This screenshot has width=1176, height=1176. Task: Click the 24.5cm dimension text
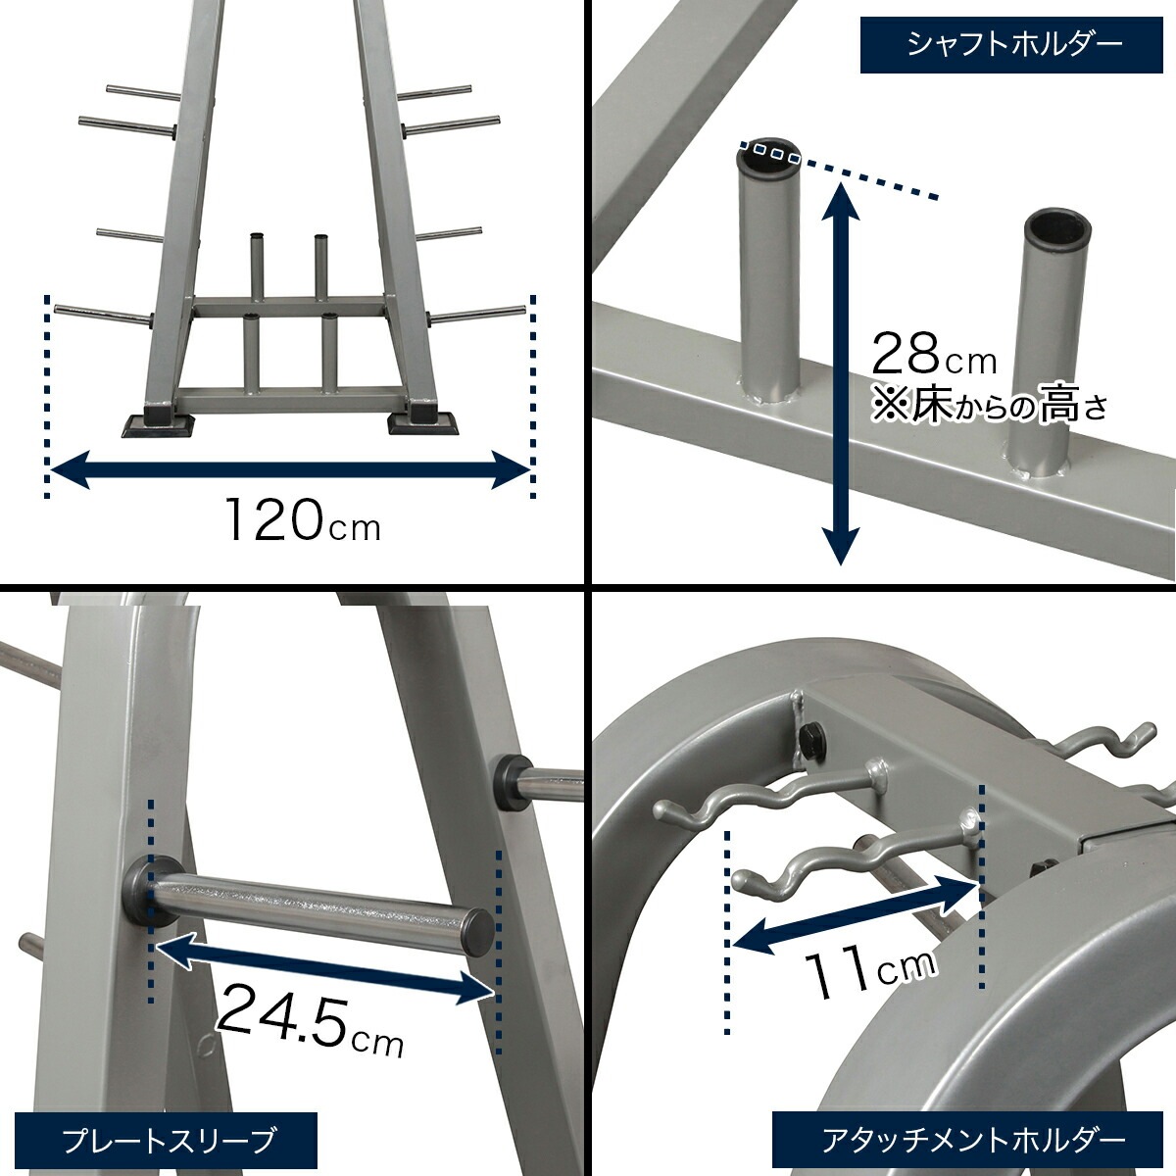pyautogui.click(x=309, y=1018)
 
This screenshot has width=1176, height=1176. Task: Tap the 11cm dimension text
pyautogui.click(x=868, y=969)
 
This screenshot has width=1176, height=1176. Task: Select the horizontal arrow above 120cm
pyautogui.click(x=289, y=470)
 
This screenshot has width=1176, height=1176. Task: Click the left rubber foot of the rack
pyautogui.click(x=156, y=422)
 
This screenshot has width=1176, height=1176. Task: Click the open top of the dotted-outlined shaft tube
pyautogui.click(x=769, y=153)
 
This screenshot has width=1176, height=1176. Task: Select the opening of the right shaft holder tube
pyautogui.click(x=1058, y=228)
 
